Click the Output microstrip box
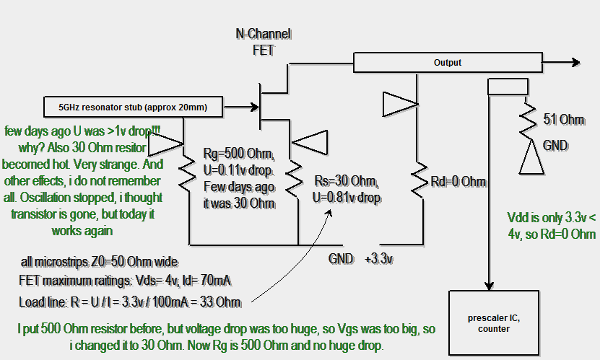448,63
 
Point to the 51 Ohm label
558,119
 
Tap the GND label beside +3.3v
342,258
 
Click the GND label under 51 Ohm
555,145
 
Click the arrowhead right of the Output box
575,63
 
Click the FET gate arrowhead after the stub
254,107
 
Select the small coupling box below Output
508,87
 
